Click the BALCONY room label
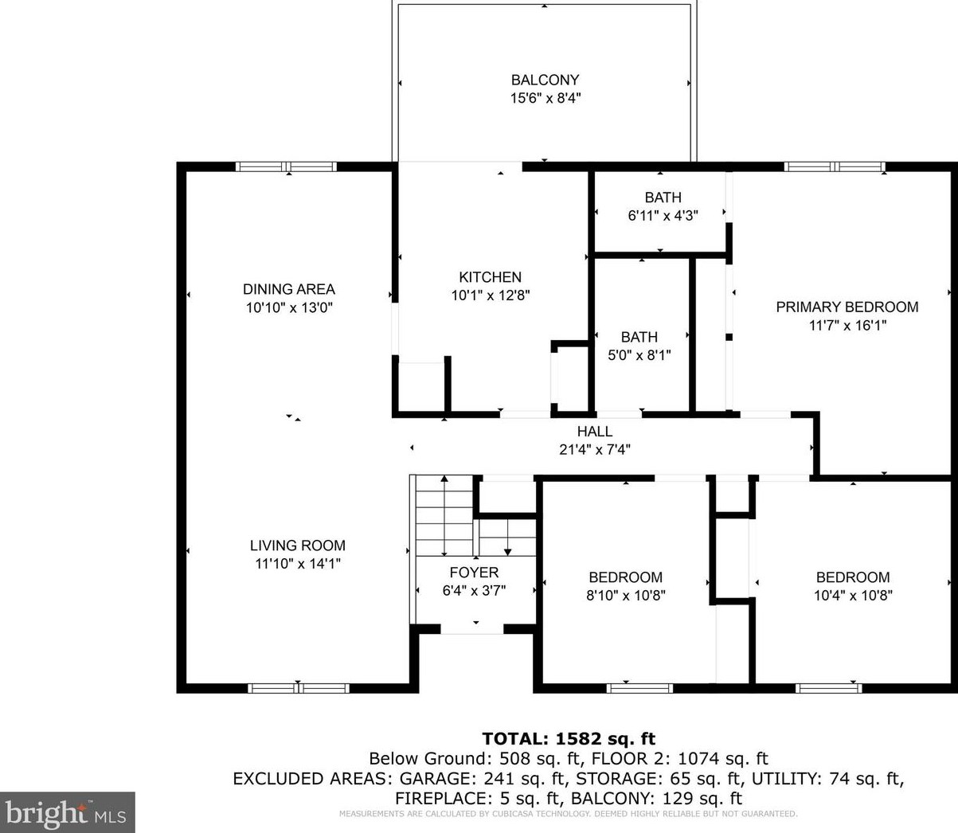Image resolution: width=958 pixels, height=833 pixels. [x=545, y=80]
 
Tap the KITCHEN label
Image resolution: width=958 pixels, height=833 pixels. [x=491, y=277]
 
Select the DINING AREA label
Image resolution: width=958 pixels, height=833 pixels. [x=289, y=289]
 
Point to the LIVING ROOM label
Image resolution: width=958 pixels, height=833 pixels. [x=298, y=546]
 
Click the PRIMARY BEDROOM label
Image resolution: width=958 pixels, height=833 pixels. [x=847, y=307]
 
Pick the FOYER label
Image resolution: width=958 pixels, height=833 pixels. [x=475, y=573]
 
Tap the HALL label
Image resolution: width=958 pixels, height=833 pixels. [x=595, y=432]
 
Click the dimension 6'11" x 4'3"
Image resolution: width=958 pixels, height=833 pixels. [x=663, y=216]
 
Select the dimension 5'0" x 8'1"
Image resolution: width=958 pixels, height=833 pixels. [x=639, y=355]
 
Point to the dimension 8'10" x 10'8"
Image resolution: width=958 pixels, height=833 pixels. [x=626, y=596]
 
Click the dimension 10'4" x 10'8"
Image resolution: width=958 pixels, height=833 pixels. [x=853, y=596]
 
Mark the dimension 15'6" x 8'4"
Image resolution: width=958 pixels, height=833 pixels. [x=545, y=98]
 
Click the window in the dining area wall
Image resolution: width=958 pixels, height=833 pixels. [x=286, y=166]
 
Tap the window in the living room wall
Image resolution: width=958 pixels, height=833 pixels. [x=299, y=688]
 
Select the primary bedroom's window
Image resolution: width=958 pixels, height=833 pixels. [x=835, y=166]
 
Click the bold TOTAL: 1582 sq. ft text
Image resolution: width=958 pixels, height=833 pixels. [x=569, y=738]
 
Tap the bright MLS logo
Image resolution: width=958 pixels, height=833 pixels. [x=68, y=812]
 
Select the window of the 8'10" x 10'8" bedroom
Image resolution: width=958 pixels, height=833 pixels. [x=639, y=688]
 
